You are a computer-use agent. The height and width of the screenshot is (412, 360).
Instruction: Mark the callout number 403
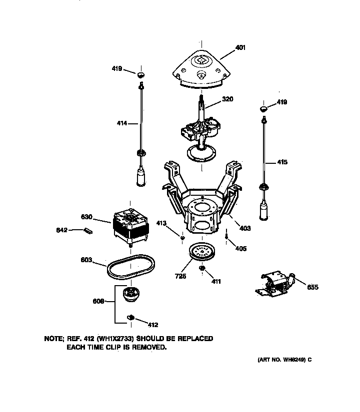[x=245, y=228]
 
